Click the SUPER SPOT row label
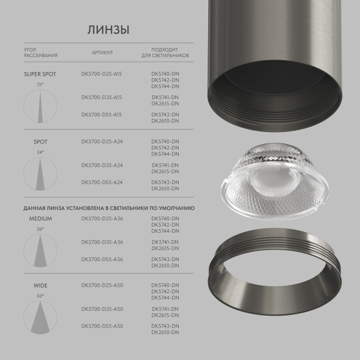(40, 76)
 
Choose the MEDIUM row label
(40, 219)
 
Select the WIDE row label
(40, 286)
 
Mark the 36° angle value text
(40, 229)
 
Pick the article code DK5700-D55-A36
(101, 259)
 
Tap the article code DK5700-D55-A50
(101, 326)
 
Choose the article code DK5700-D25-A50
(101, 285)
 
